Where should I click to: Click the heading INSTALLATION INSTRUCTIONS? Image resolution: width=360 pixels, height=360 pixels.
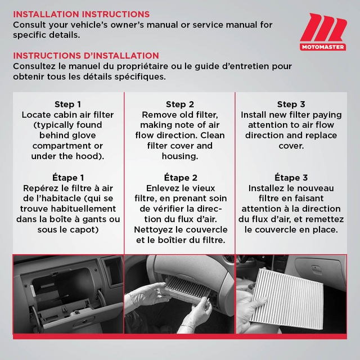[81, 14]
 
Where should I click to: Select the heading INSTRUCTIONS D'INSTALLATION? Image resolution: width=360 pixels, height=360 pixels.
[85, 56]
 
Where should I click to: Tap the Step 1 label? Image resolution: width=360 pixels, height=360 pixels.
[67, 104]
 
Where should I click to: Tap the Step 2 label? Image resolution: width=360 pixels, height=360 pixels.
[179, 104]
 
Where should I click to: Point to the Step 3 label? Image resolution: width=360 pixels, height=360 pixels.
[291, 104]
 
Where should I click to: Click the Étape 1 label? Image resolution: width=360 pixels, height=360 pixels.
[67, 178]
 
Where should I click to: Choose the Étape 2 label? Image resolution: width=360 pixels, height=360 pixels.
[179, 178]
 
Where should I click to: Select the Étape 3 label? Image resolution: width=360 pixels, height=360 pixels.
[291, 178]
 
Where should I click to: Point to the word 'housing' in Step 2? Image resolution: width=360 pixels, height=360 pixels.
[179, 156]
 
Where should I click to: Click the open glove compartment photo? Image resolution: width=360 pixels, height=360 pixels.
[67, 292]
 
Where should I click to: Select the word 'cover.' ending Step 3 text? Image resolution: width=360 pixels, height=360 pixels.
[291, 146]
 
